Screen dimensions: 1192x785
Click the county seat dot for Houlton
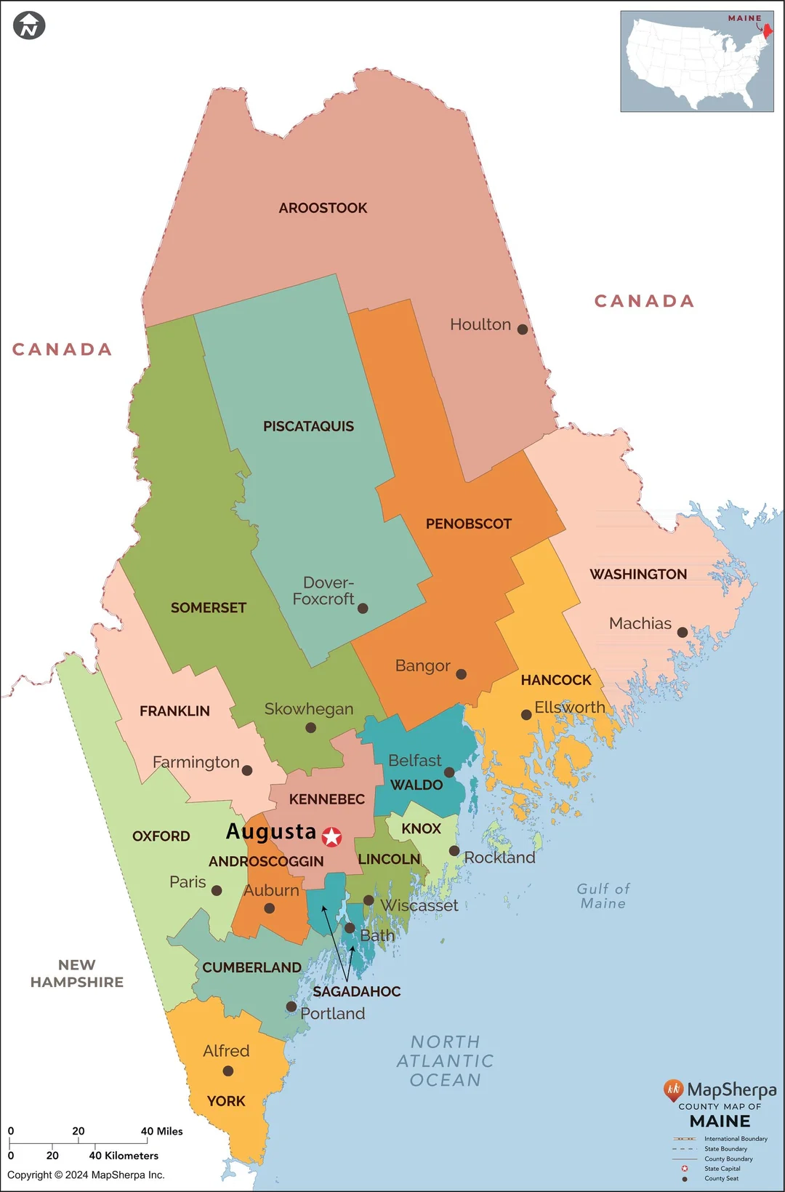click(x=522, y=329)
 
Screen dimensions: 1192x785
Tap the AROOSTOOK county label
click(x=323, y=208)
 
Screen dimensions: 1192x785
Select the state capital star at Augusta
click(x=332, y=836)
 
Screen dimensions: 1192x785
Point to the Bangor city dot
click(x=461, y=674)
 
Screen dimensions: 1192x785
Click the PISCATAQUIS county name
click(x=308, y=426)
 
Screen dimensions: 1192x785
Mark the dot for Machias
click(x=682, y=632)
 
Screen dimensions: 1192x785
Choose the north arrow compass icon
click(x=29, y=25)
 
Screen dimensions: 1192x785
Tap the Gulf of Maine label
click(x=603, y=896)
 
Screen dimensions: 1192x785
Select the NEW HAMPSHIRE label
click(x=76, y=973)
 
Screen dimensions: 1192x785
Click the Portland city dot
click(x=291, y=1007)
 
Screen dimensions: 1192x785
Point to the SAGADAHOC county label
click(x=356, y=991)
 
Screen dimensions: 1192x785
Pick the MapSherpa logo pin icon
click(x=673, y=1089)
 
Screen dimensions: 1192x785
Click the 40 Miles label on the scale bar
click(x=161, y=1131)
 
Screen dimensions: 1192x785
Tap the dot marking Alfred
click(x=228, y=1071)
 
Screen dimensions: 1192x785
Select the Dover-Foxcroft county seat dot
click(x=363, y=608)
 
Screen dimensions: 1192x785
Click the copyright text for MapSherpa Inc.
click(x=86, y=1175)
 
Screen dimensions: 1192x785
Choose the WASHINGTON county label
click(x=637, y=575)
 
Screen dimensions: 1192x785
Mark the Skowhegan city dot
click(x=310, y=727)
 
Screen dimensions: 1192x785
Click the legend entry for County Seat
click(x=720, y=1178)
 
